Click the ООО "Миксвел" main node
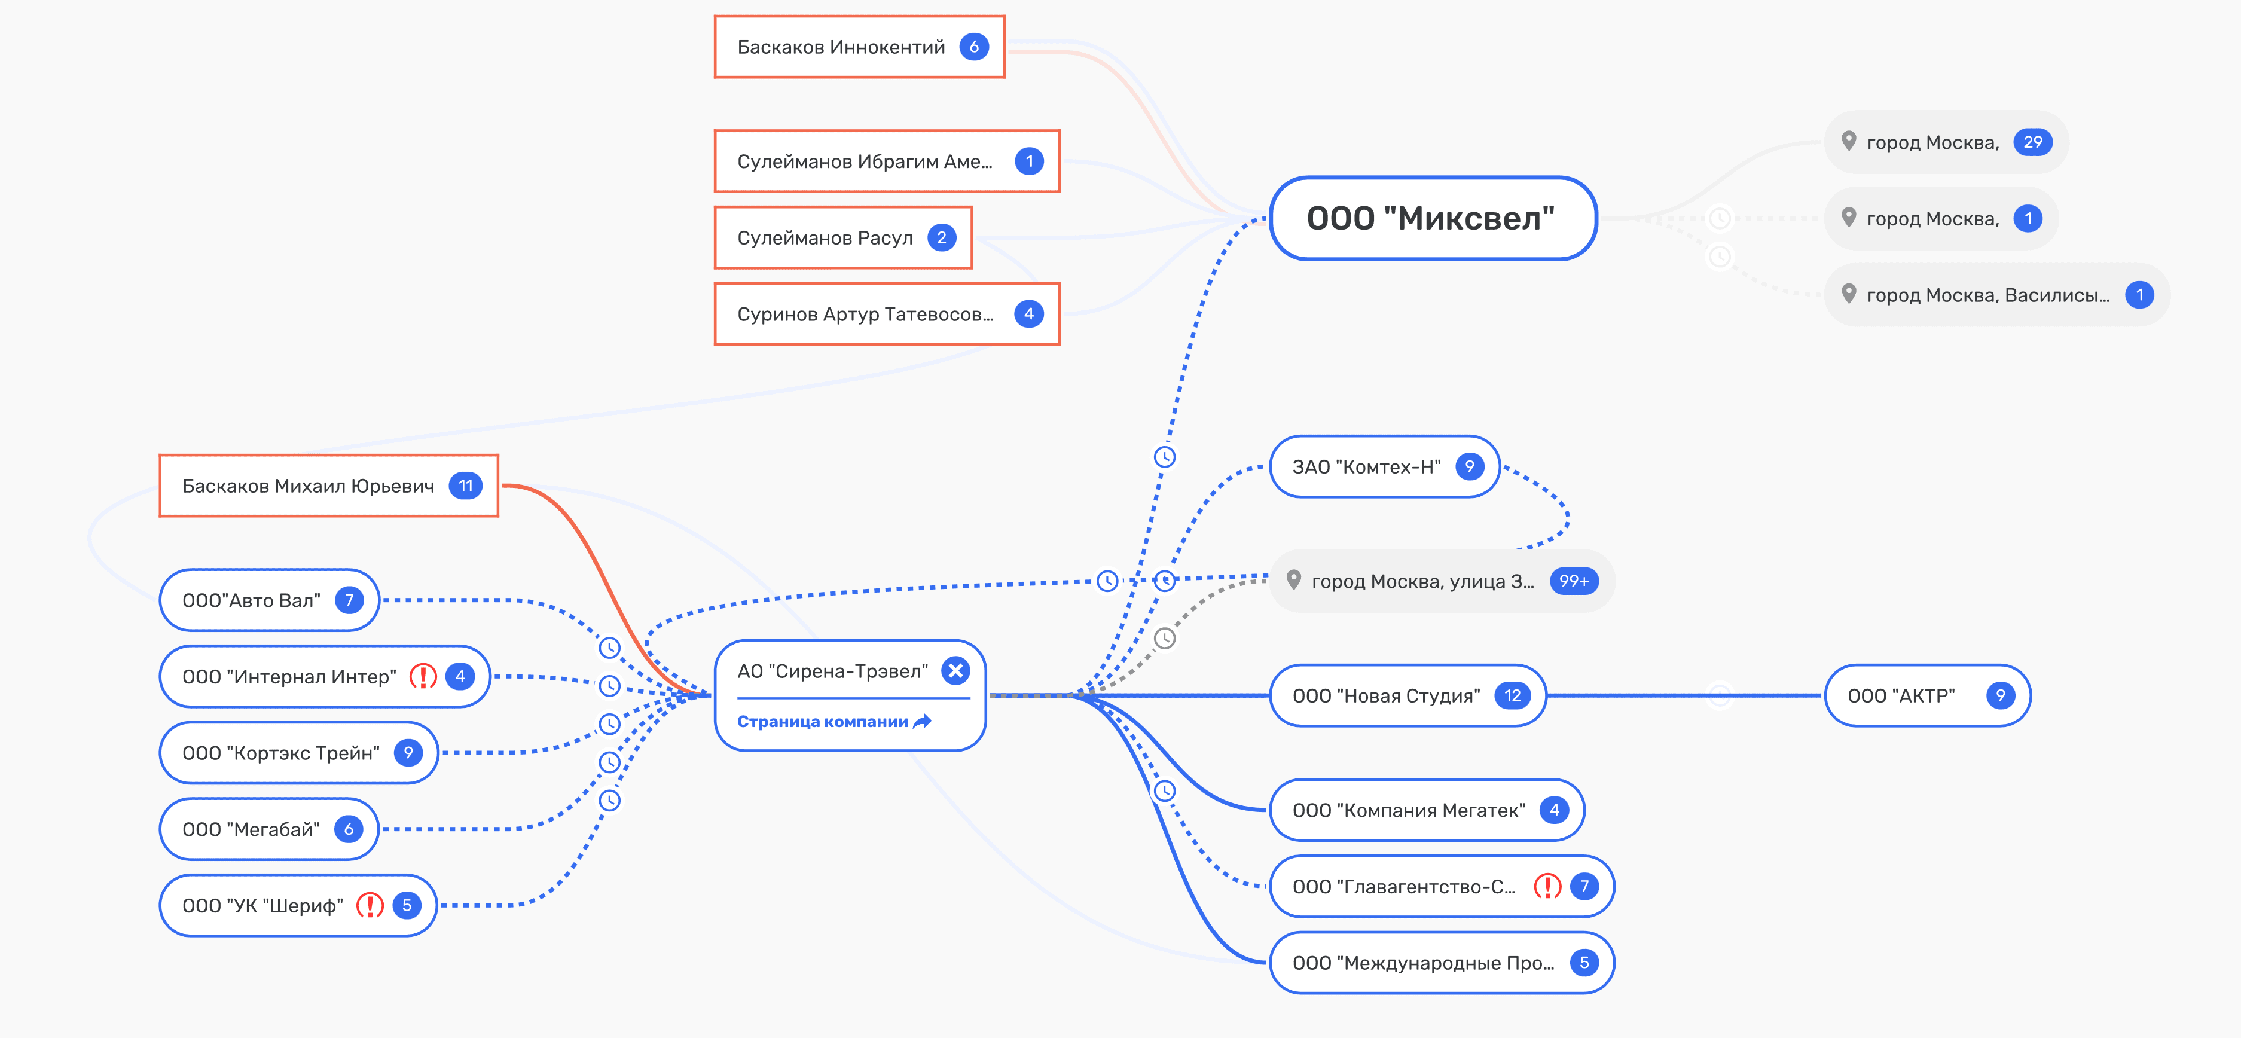click(x=1431, y=218)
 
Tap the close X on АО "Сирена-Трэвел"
click(x=955, y=671)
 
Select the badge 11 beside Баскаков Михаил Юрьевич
click(x=465, y=486)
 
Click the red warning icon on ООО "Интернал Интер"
click(x=423, y=676)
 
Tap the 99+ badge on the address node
click(x=1573, y=581)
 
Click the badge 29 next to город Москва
click(x=2032, y=142)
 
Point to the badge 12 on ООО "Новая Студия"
click(x=1512, y=696)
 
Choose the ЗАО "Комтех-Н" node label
click(x=1366, y=467)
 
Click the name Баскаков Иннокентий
click(x=841, y=47)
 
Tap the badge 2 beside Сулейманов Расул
click(x=941, y=237)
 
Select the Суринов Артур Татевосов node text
click(x=865, y=314)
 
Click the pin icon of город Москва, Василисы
click(x=1849, y=294)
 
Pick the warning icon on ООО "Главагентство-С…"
click(x=1547, y=887)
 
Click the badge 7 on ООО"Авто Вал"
click(x=349, y=600)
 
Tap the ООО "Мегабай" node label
click(x=251, y=829)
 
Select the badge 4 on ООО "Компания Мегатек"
click(x=1554, y=810)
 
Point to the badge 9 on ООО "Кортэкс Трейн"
click(x=407, y=753)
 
